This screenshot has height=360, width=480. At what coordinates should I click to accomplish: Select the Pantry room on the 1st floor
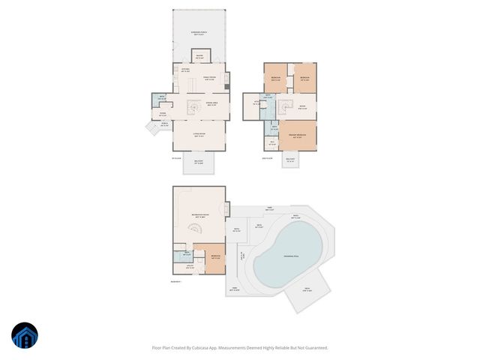pyautogui.click(x=199, y=55)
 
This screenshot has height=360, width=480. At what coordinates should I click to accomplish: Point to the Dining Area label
pyautogui.click(x=211, y=103)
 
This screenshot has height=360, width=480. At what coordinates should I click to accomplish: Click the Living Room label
pyautogui.click(x=199, y=136)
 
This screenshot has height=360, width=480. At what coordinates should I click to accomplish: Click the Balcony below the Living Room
pyautogui.click(x=199, y=163)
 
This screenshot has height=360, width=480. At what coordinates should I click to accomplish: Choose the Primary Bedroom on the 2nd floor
pyautogui.click(x=298, y=136)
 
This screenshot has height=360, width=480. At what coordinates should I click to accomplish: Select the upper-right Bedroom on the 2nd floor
pyautogui.click(x=304, y=78)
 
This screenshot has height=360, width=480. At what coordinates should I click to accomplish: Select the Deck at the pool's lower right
pyautogui.click(x=308, y=290)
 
